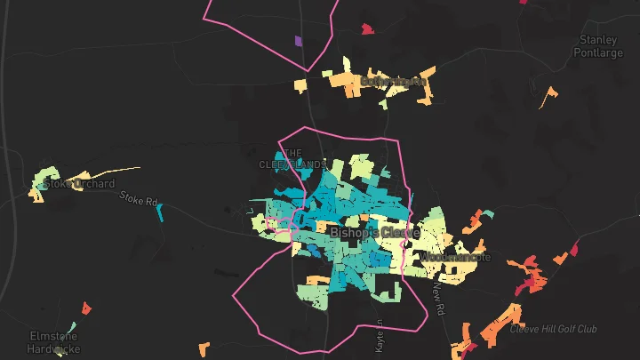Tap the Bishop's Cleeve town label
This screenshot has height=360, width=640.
[x=374, y=232]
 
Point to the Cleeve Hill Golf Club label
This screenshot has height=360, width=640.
[x=553, y=329]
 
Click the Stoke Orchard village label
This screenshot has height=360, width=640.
[x=79, y=184]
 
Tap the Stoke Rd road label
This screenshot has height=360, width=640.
[x=138, y=201]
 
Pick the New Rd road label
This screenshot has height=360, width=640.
[x=437, y=300]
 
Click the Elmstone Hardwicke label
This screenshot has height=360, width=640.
[x=52, y=342]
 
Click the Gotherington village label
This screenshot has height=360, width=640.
[x=394, y=82]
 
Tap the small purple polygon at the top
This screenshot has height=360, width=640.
[x=298, y=40]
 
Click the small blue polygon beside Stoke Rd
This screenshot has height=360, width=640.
[x=161, y=212]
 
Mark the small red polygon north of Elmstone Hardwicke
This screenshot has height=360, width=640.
[x=86, y=308]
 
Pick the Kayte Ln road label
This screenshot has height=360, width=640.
[x=380, y=335]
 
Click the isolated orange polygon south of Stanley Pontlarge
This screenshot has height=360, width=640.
[x=548, y=96]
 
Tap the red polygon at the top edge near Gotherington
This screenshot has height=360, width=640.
[x=367, y=29]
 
